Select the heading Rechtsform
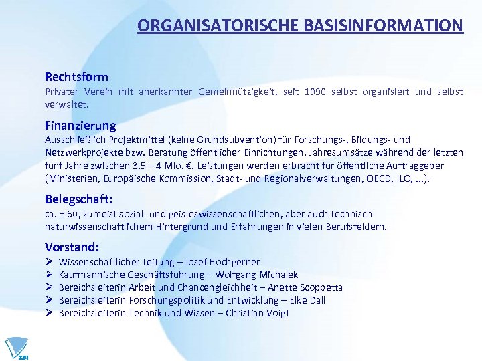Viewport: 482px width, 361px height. pos(76,77)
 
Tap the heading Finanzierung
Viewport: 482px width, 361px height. pos(80,125)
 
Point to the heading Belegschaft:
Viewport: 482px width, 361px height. pos(79,199)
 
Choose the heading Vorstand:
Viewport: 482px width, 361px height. pos(72,247)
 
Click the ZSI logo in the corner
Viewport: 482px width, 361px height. pos(17,348)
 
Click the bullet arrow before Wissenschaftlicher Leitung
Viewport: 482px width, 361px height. pos(48,262)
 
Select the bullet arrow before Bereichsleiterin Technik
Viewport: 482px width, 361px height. pos(48,313)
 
